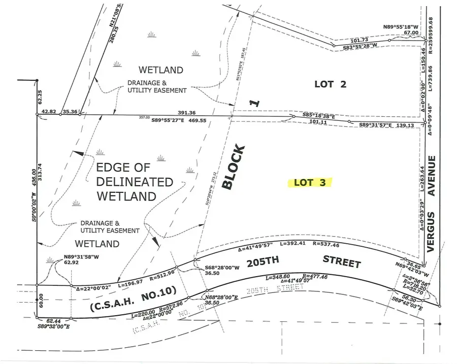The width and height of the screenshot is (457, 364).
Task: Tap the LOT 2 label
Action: tap(330, 84)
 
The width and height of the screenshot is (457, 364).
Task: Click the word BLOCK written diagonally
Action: tap(234, 168)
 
